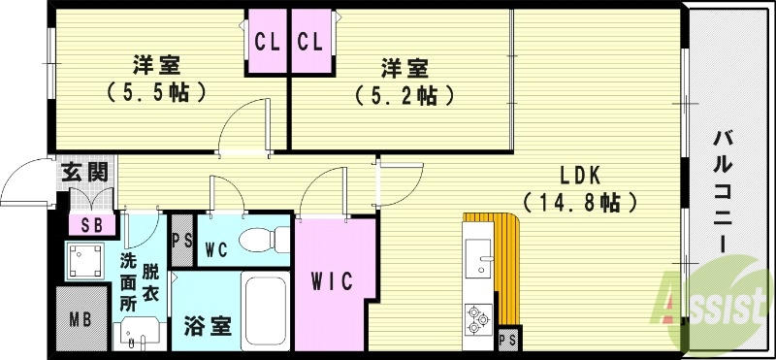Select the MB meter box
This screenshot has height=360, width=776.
pyautogui.click(x=80, y=318)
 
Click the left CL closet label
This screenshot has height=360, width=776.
pyautogui.click(x=267, y=42)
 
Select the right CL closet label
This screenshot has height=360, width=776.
pyautogui.click(x=309, y=42)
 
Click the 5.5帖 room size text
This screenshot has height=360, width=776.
pyautogui.click(x=155, y=93)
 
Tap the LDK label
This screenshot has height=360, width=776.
pyautogui.click(x=580, y=176)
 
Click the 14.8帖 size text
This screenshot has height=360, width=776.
pyautogui.click(x=580, y=203)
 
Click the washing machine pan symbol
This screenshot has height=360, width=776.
pyautogui.click(x=83, y=259)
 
